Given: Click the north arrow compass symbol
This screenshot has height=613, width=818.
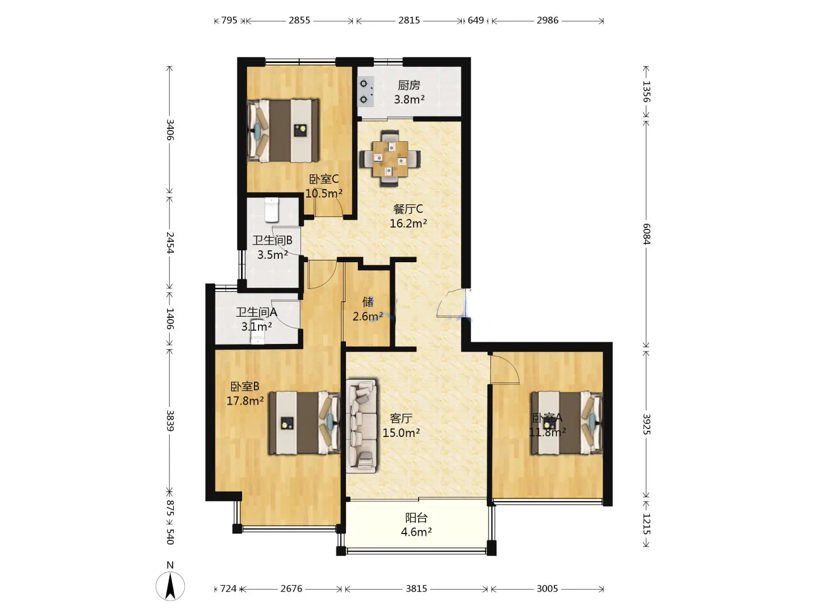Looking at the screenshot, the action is point(170,585).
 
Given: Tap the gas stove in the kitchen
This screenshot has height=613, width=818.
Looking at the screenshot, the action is point(366,91).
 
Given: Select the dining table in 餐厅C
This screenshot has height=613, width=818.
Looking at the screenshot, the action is point(390,158).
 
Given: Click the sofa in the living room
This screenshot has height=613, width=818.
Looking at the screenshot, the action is point(361,426).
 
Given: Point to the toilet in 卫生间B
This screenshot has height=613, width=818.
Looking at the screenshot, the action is point(272,210).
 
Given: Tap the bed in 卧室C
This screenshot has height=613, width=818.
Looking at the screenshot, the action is point(283,131).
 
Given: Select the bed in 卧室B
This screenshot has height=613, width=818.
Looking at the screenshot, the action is point(304,422).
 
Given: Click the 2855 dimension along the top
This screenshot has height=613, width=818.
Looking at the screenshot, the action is point(299,20).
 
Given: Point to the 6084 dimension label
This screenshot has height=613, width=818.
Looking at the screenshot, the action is point(646,234).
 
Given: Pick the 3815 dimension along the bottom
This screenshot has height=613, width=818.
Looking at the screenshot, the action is point(416,589).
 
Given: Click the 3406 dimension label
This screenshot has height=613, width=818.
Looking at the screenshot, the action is point(170,129).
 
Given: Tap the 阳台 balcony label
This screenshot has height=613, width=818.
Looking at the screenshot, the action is point(416,518).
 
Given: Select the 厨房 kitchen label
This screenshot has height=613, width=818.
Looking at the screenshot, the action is point(409,85).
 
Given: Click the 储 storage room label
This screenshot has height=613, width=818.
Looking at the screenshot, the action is point(368,301).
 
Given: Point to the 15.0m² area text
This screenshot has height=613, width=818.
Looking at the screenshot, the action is point(402,433).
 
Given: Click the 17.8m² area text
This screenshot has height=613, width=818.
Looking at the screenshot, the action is point(245,401).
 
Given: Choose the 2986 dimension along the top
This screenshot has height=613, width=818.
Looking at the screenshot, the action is point(548,20).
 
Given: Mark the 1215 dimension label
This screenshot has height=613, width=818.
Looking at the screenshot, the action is point(646,524).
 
